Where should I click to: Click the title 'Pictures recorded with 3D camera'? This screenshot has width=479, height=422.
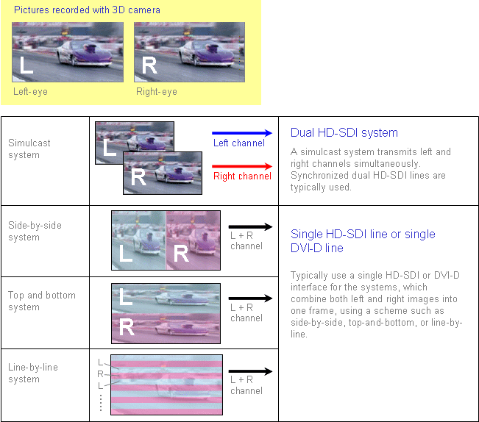click(x=87, y=10)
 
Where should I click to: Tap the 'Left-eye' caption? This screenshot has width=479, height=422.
click(x=30, y=92)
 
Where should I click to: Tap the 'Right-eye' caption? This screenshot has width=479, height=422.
click(x=157, y=92)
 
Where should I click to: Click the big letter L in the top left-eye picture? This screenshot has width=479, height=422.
click(x=26, y=65)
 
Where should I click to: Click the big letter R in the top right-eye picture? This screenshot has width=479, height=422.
click(x=149, y=65)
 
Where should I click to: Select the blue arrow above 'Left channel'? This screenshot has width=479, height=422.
click(x=242, y=133)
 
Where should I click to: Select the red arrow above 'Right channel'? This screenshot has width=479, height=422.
click(x=242, y=166)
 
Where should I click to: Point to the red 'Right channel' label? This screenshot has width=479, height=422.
click(x=242, y=176)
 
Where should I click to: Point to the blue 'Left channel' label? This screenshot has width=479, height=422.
click(x=239, y=143)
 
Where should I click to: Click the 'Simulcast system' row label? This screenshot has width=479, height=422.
click(x=29, y=149)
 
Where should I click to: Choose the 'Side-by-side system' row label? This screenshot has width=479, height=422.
click(x=35, y=231)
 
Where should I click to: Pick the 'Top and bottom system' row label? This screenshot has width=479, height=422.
click(x=41, y=301)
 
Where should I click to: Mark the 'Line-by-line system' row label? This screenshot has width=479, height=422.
click(x=33, y=373)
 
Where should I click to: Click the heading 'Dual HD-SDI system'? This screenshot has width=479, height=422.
click(x=344, y=133)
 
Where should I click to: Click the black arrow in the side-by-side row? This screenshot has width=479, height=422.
click(x=250, y=226)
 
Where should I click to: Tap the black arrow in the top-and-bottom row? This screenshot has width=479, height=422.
click(x=250, y=298)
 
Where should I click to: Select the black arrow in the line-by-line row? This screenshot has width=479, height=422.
click(x=250, y=371)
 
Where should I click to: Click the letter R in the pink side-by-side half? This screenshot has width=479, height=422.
click(x=181, y=254)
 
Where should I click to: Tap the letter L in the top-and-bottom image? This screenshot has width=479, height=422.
click(x=126, y=296)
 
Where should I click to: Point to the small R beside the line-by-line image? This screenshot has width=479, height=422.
click(x=100, y=373)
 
